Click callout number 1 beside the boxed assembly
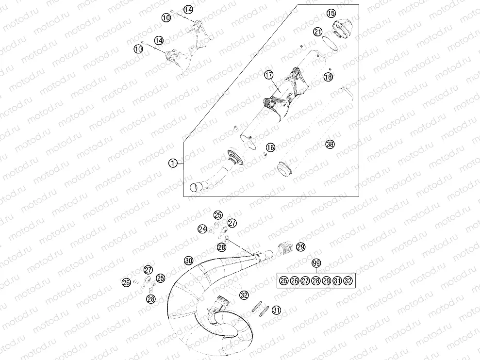(173, 164)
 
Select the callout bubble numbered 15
(331, 13)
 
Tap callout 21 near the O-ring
(318, 32)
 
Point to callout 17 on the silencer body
(269, 75)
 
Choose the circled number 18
(328, 77)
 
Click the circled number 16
(270, 147)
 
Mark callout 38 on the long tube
(330, 144)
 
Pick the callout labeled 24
(202, 229)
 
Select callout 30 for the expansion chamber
(189, 261)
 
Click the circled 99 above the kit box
(316, 263)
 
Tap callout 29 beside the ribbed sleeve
(301, 247)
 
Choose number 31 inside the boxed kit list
(337, 280)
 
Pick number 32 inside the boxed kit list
(348, 280)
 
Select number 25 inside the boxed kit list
(284, 280)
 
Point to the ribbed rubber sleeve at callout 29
(286, 247)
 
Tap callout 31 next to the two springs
(277, 310)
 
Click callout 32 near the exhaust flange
(244, 295)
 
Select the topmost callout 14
(189, 10)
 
